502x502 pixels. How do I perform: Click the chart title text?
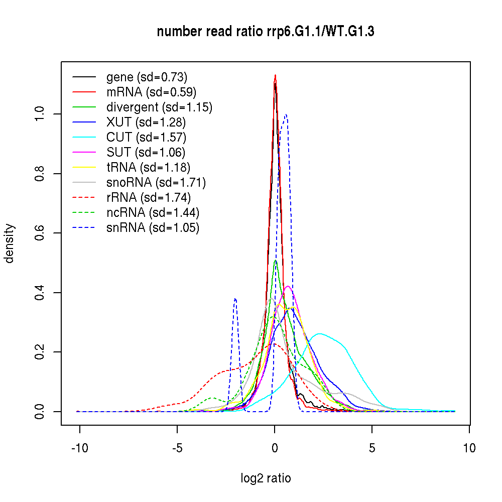click(x=266, y=32)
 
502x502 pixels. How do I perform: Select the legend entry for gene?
click(x=147, y=77)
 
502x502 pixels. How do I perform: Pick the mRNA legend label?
click(x=151, y=92)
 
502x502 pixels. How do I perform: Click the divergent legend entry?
click(x=159, y=107)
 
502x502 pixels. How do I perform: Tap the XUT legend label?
click(x=146, y=122)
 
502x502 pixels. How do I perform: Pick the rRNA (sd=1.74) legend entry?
click(x=149, y=198)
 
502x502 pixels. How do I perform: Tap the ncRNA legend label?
click(x=153, y=213)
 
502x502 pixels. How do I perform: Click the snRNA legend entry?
click(x=153, y=228)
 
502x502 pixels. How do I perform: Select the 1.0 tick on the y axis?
click(x=40, y=114)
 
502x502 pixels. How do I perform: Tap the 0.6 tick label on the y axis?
click(x=40, y=233)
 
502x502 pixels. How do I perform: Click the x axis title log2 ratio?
click(x=266, y=478)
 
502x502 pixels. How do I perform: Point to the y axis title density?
click(x=10, y=243)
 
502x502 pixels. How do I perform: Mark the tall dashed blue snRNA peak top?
click(x=286, y=114)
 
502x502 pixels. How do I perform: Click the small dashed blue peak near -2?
click(x=235, y=299)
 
